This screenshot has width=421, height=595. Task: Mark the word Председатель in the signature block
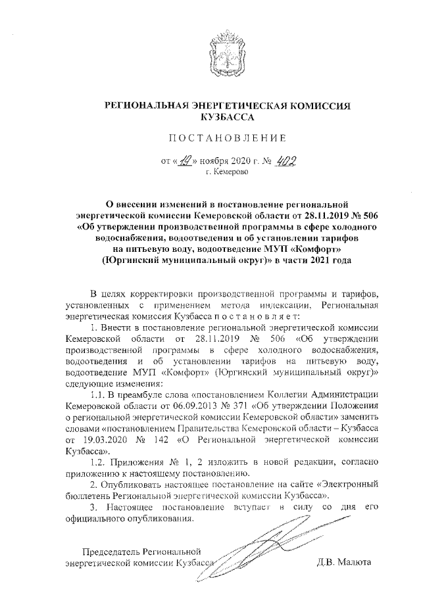109,551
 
